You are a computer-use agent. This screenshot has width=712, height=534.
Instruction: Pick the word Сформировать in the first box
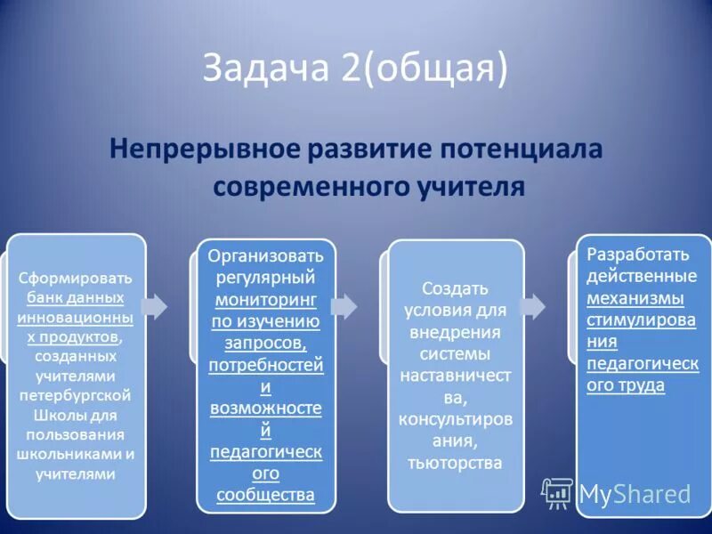tap(76, 277)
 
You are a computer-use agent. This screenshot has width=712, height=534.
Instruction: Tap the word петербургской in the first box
tap(76, 395)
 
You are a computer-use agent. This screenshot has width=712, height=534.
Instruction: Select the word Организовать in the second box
tap(265, 257)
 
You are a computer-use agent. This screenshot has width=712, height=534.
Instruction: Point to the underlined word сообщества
tap(265, 495)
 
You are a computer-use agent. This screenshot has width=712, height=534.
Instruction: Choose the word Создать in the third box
tap(455, 289)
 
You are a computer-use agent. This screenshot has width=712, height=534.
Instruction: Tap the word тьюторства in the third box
tap(455, 463)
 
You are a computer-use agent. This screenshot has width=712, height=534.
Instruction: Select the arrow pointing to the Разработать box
tap(533, 305)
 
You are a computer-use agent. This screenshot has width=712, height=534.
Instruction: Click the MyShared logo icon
tap(558, 492)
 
